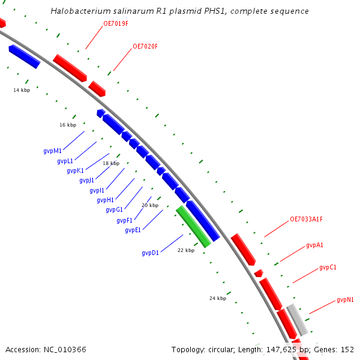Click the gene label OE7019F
pyautogui.click(x=116, y=25)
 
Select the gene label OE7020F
pyautogui.click(x=145, y=46)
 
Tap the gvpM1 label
pyautogui.click(x=53, y=151)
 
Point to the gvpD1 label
pyautogui.click(x=151, y=253)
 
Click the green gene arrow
pyautogui.click(x=193, y=227)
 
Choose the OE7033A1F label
pyautogui.click(x=306, y=219)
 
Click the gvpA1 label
pyautogui.click(x=315, y=245)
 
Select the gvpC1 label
pyautogui.click(x=328, y=267)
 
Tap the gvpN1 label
pyautogui.click(x=345, y=299)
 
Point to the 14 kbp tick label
pyautogui.click(x=22, y=90)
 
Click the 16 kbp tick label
pyautogui.click(x=68, y=125)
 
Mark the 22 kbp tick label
pyautogui.click(x=186, y=250)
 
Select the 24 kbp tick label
pyautogui.click(x=218, y=298)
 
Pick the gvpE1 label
pyautogui.click(x=133, y=230)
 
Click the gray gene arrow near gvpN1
pyautogui.click(x=297, y=320)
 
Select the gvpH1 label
pyautogui.click(x=106, y=200)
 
